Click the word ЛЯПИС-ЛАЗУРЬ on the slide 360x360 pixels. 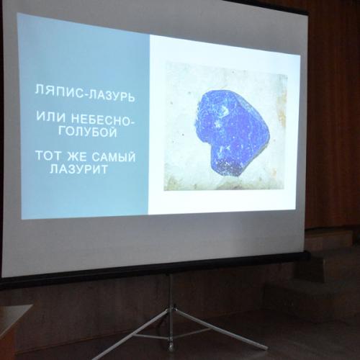85,94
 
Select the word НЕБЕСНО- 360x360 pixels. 104,120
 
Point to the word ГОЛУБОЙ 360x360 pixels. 89,132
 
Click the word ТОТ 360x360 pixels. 48,156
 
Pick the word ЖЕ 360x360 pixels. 77,156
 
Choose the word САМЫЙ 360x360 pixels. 114,157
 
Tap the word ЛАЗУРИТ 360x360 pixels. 78,168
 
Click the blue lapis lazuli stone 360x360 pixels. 232,132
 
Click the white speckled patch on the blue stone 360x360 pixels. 224,110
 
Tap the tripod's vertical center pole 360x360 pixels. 171,311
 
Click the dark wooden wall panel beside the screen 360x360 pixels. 333,120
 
